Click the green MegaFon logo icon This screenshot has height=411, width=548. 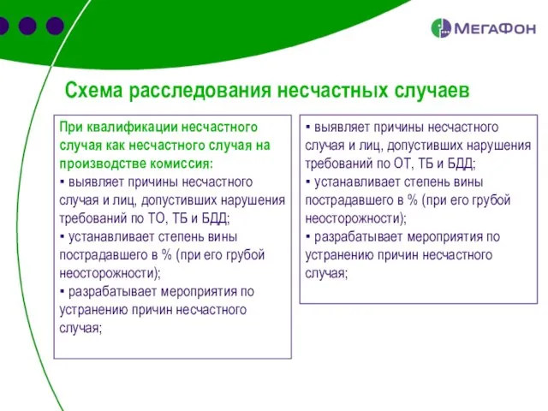pyautogui.click(x=441, y=27)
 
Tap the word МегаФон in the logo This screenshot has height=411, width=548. pyautogui.click(x=494, y=28)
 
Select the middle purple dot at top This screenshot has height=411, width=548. pyautogui.click(x=27, y=27)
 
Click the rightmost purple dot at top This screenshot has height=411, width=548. pyautogui.click(x=55, y=27)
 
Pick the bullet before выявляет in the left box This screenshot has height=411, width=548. pyautogui.click(x=63, y=182)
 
